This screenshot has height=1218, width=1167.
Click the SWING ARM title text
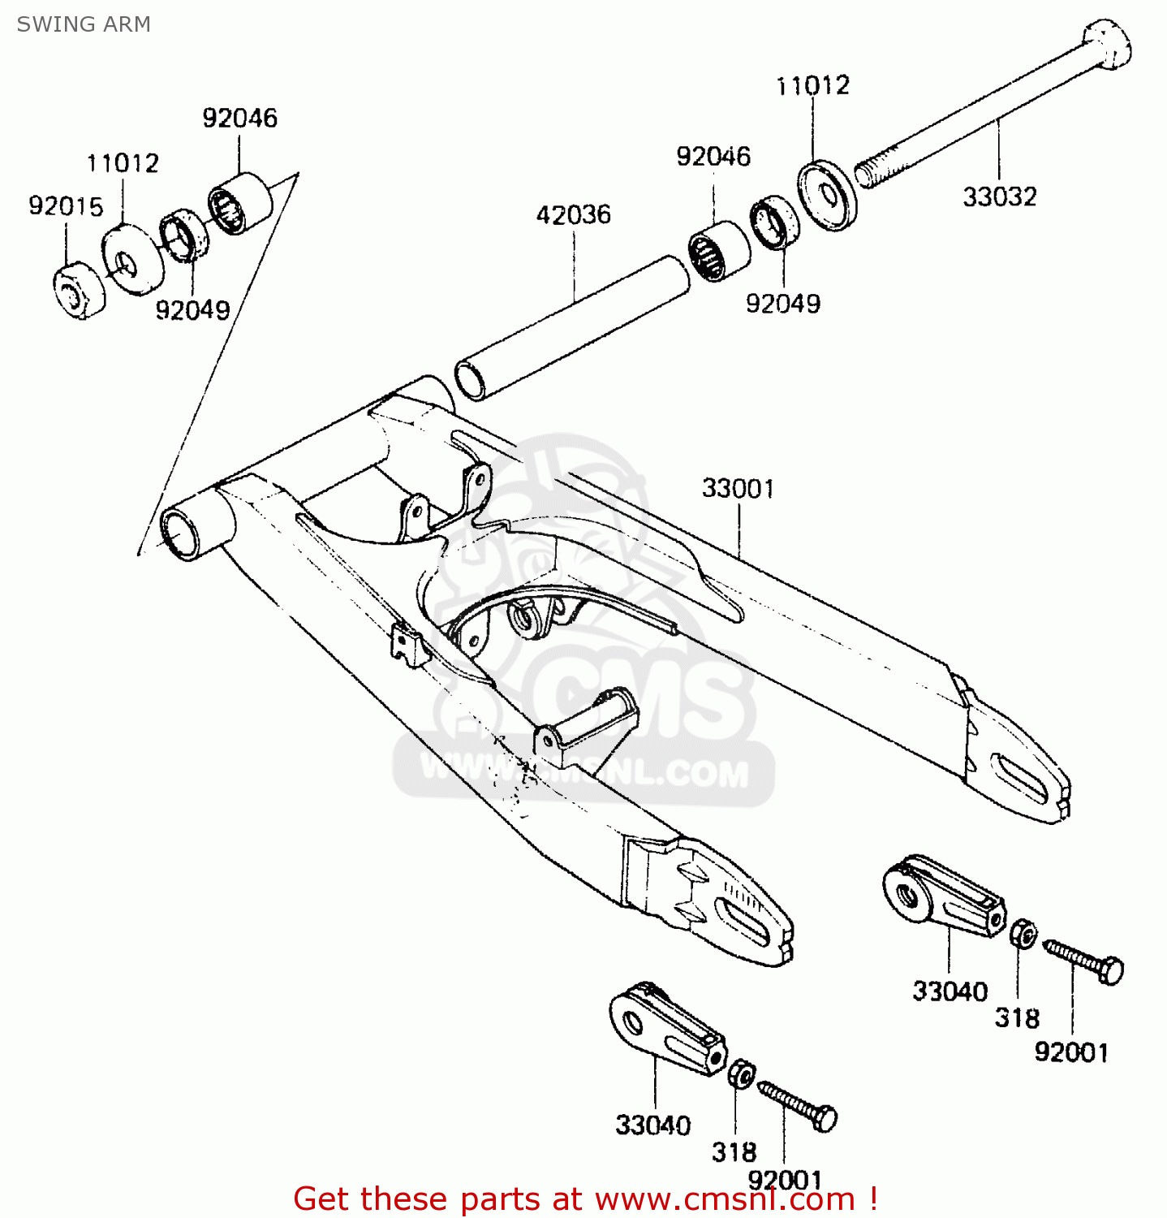coord(84,24)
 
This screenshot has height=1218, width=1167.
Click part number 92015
coord(66,206)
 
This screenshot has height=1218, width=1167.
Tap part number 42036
coord(573,215)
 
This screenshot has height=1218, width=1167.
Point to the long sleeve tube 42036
coord(572,328)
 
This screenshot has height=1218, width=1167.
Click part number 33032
coord(1000,197)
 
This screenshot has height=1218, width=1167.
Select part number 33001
coord(738,489)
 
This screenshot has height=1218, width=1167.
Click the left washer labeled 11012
coord(132,260)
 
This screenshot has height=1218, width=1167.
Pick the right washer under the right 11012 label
coord(828,196)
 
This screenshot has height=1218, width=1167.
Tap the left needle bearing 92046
coord(239,202)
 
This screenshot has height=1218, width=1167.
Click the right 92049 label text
coord(783,304)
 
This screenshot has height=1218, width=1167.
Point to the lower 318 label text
coord(734,1151)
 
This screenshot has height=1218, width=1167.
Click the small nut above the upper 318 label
coord(1023,934)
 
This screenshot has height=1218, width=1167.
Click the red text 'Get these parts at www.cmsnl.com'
coord(584,1199)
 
